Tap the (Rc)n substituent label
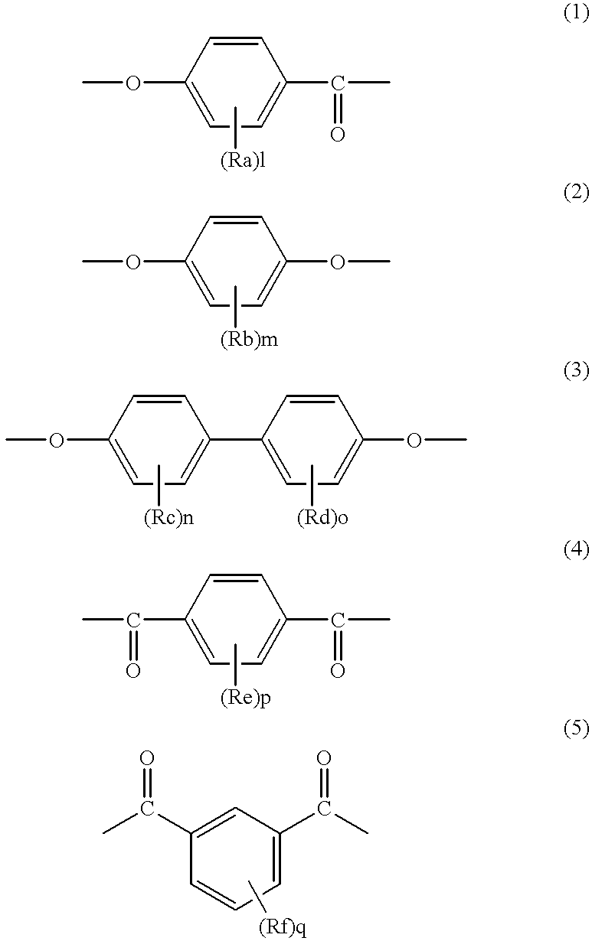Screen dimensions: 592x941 point(168,519)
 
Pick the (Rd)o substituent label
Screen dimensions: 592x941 point(322,519)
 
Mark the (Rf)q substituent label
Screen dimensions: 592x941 point(283,929)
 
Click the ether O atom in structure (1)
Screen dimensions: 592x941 point(133,83)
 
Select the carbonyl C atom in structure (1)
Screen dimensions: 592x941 point(338,83)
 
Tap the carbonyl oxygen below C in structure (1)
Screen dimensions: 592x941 point(338,135)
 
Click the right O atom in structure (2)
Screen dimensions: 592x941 point(338,262)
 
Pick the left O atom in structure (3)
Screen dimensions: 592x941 point(56,441)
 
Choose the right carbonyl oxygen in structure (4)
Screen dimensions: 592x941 point(338,671)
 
